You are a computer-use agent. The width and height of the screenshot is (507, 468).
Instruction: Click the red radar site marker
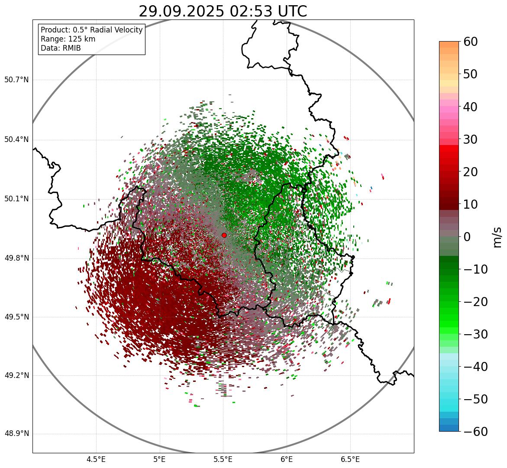[224, 235]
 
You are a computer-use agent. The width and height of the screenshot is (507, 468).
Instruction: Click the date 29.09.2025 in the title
[181, 11]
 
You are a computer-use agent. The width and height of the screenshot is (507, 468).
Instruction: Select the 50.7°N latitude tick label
[16, 80]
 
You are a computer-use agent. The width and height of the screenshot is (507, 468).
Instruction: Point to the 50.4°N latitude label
[16, 139]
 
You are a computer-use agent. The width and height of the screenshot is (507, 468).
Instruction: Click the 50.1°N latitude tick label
[16, 199]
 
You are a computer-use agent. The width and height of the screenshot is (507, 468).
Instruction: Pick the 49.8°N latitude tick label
[16, 258]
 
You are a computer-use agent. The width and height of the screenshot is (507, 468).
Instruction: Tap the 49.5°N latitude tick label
[16, 317]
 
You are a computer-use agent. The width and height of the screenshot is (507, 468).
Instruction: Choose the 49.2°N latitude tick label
[16, 375]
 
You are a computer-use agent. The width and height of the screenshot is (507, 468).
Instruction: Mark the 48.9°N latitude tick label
[16, 434]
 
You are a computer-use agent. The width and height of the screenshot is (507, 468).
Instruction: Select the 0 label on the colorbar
[467, 237]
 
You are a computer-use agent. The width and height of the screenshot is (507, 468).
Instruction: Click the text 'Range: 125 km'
[68, 39]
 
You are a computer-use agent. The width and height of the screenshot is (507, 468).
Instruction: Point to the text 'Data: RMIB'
[61, 48]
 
